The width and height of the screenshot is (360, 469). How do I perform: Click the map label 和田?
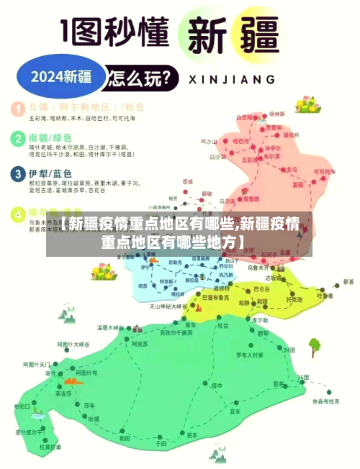click(x=125, y=437)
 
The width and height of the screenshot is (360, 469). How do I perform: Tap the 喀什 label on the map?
click(x=50, y=373)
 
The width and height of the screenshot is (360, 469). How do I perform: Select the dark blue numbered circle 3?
click(x=17, y=175)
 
